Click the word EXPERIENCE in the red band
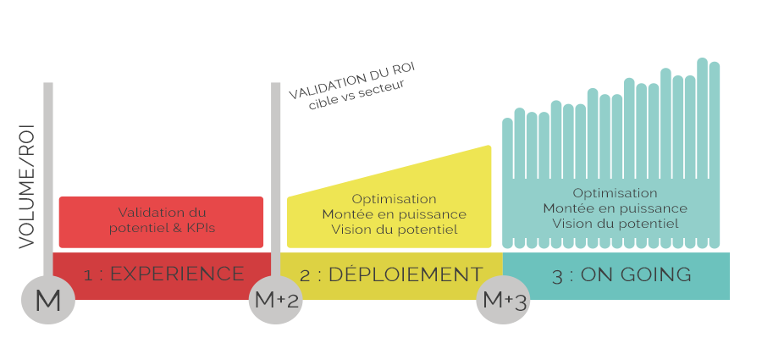177,274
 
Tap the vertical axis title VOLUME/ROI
27,185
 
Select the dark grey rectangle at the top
351,85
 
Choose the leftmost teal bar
507,182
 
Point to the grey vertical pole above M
48,169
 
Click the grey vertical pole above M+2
275,169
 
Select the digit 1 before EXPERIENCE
88,275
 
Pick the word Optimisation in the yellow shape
394,199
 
